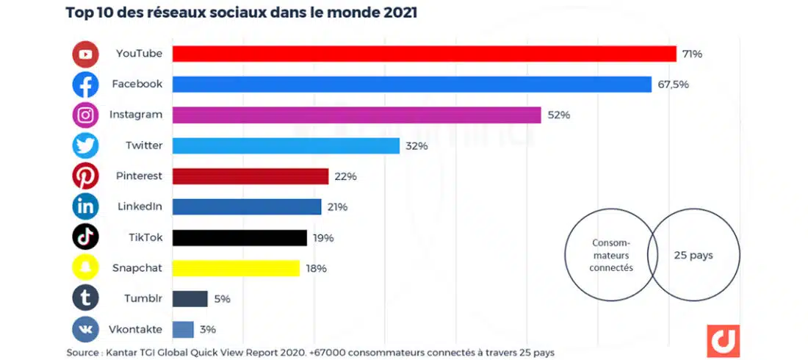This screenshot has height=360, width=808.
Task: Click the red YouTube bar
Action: coord(424,54)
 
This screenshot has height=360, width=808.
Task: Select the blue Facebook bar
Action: coord(411,84)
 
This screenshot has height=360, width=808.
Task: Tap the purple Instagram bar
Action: coord(356,115)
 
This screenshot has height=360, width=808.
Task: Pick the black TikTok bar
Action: coord(239,237)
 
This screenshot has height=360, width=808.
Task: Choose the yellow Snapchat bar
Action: coord(235,268)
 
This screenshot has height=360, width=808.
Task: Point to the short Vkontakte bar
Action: coord(183,329)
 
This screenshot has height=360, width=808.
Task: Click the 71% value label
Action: coord(692,54)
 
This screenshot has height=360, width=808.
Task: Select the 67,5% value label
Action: coord(673,84)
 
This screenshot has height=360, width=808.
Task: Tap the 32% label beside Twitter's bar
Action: coord(416,145)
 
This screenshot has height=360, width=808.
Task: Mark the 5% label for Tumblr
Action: coord(223,299)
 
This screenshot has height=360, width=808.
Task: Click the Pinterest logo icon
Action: coord(85,176)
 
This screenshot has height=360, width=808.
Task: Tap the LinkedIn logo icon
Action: coord(85,207)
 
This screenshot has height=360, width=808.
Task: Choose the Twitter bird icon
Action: coord(85,145)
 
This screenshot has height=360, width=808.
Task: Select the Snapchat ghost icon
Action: coord(85,268)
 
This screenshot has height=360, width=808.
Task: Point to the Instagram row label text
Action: coord(136,115)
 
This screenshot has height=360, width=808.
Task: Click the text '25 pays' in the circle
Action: coord(693,256)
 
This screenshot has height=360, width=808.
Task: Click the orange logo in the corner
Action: coord(723,341)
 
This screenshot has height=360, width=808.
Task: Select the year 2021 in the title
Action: coord(400,12)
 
